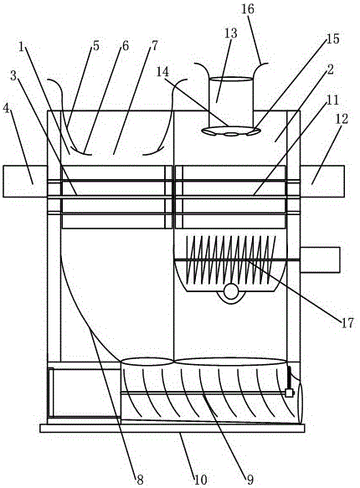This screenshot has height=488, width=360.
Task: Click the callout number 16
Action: (x=248, y=8)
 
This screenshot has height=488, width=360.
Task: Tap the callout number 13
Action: (x=231, y=33)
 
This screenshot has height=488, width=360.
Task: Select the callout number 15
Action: (x=332, y=39)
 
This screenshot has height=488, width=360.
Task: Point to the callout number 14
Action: (x=162, y=72)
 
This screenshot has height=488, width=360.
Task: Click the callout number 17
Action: (x=347, y=323)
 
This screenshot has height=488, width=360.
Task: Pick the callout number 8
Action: (x=140, y=480)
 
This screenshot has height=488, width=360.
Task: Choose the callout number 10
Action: (x=201, y=480)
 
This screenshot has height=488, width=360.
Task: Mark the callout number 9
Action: (x=250, y=480)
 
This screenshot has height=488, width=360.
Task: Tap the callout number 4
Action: (x=6, y=109)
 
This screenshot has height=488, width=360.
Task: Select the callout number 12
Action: (x=342, y=119)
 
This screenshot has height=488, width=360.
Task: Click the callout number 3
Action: (x=13, y=75)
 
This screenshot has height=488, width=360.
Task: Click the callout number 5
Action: (x=95, y=45)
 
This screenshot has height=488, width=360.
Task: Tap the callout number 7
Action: (x=155, y=45)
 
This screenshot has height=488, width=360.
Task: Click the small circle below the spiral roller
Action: (x=231, y=291)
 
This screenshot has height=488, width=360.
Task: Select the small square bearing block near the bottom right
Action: (x=290, y=393)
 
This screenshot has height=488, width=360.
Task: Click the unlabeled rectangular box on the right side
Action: (x=320, y=259)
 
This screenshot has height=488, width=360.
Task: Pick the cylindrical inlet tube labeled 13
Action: (x=231, y=102)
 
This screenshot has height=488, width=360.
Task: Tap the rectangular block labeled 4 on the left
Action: (x=25, y=181)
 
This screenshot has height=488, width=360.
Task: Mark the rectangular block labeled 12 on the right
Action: (x=322, y=181)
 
